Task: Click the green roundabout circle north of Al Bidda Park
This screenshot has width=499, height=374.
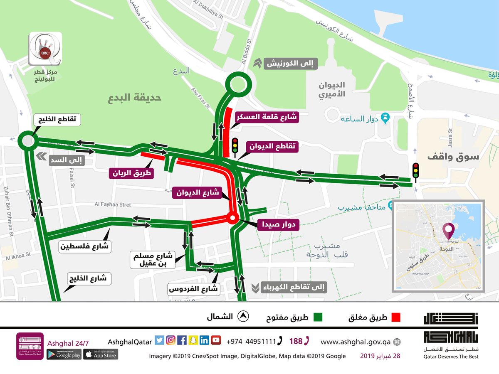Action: (238, 85)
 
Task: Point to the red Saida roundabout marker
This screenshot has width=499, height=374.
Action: (232, 218)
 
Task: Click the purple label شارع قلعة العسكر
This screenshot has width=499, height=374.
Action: (267, 117)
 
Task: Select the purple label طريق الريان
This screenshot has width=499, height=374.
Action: (131, 173)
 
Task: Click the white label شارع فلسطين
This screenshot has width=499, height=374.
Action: (85, 246)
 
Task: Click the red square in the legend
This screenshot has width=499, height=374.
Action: (395, 317)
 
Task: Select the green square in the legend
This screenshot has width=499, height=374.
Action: (318, 317)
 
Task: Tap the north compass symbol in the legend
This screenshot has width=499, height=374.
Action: (243, 317)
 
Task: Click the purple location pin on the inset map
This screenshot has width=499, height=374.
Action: (448, 230)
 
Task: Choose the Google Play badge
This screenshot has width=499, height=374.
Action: (64, 354)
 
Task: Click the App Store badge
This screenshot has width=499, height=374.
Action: (101, 354)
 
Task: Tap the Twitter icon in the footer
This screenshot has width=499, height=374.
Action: (159, 340)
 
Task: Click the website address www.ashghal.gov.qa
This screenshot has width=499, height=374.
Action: (355, 342)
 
